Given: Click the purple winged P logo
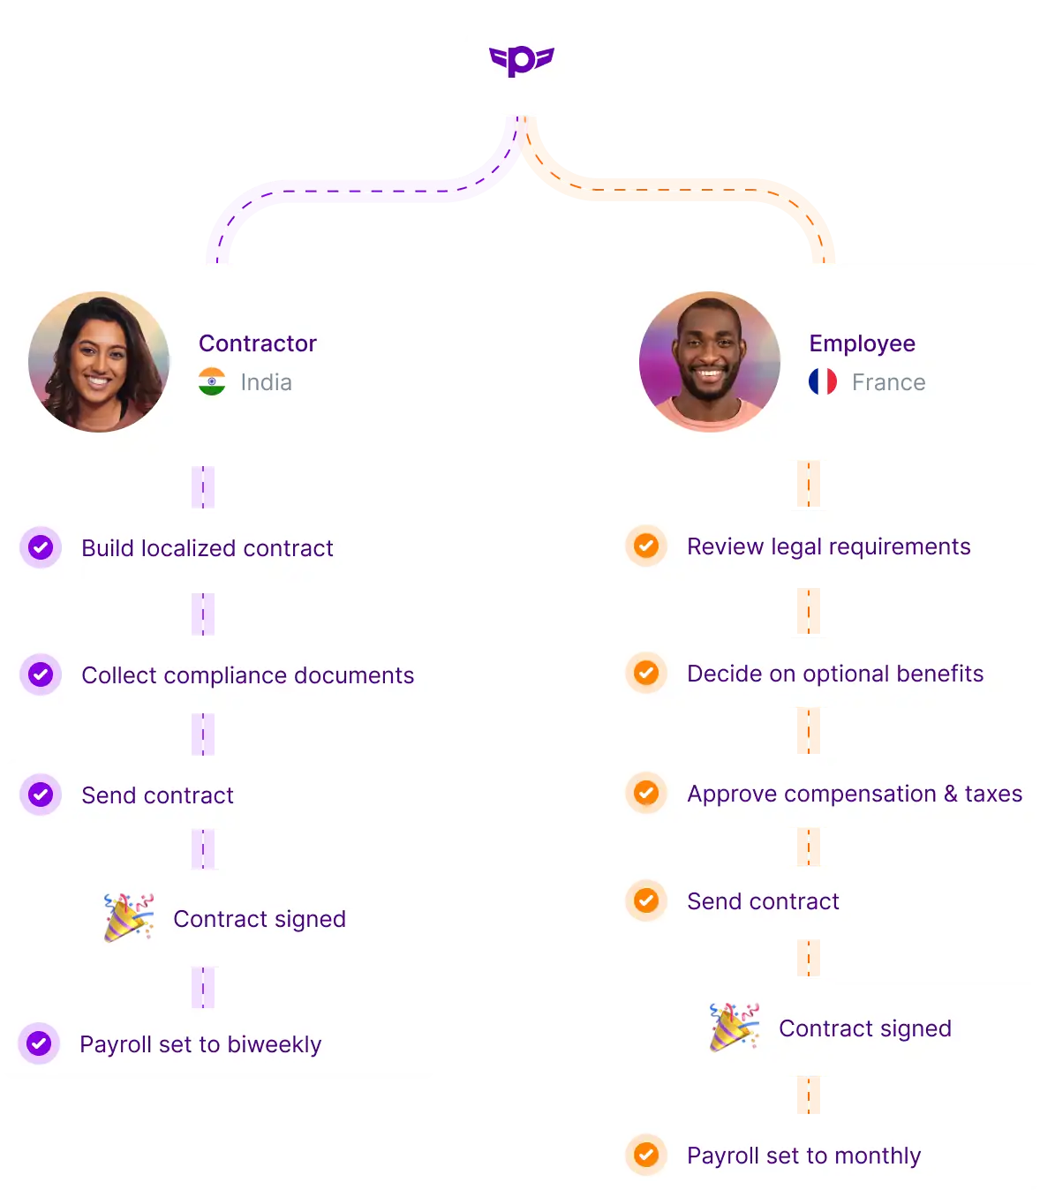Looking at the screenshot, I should [x=520, y=60].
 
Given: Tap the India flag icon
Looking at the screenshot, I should [x=212, y=381].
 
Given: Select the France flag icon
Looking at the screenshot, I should [x=823, y=381].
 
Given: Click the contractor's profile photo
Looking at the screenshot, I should [x=99, y=362].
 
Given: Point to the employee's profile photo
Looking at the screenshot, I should [x=710, y=362].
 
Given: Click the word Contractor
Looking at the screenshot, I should [x=257, y=343].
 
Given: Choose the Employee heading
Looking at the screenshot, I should [x=862, y=343].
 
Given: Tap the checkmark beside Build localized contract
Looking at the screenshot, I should [x=41, y=547].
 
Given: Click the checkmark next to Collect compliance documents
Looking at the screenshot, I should [x=41, y=674].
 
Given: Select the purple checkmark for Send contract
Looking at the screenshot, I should [x=41, y=795].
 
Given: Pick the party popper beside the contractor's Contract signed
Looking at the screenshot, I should [x=128, y=918].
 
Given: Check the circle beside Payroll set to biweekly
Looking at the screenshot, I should [x=39, y=1043].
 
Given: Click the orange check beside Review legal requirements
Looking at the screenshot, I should [x=646, y=546].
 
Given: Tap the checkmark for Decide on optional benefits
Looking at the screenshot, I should [x=646, y=673].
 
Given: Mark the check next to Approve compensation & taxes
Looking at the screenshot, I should [x=646, y=793].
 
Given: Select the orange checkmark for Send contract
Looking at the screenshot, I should [x=646, y=900].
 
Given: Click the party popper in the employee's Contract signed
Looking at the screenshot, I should [x=734, y=1027].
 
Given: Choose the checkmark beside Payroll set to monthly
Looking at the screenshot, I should [x=646, y=1155].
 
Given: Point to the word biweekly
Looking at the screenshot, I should [x=274, y=1044].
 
